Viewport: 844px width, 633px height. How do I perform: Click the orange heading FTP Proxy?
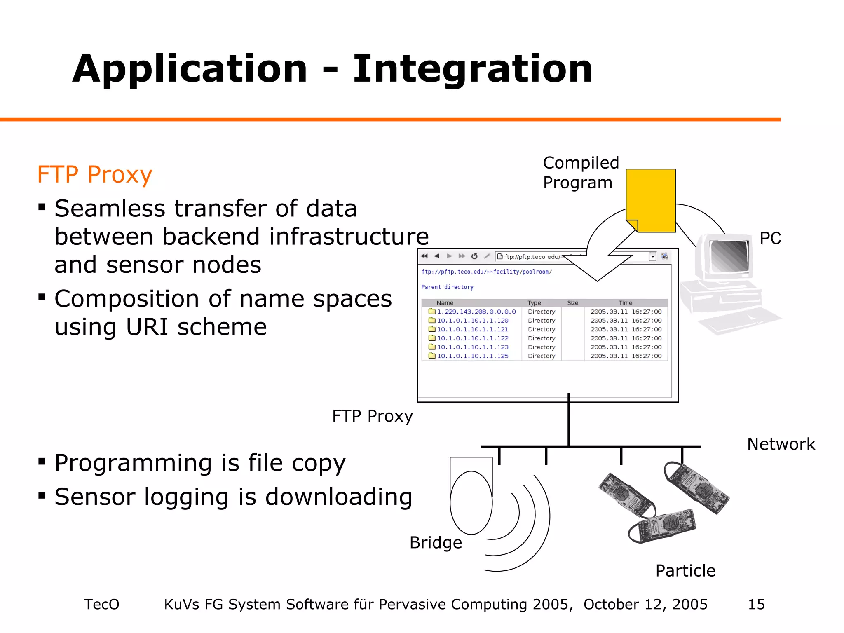(94, 175)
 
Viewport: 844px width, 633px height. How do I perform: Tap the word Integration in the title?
(472, 69)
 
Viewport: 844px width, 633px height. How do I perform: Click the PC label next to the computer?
(770, 238)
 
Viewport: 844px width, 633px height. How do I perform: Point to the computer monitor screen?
(729, 256)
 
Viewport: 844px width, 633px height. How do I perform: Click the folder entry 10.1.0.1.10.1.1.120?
(472, 321)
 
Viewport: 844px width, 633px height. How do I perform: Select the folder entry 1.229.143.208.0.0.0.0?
(476, 312)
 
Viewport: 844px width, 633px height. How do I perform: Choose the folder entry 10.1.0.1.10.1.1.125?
(472, 356)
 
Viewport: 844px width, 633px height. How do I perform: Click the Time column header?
(625, 303)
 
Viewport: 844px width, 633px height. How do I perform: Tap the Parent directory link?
(447, 287)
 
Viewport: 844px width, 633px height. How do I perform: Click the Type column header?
(534, 303)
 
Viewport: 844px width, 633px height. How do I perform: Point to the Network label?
(781, 444)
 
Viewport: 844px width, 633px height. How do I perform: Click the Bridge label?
(436, 543)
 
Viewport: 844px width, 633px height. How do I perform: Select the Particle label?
(685, 571)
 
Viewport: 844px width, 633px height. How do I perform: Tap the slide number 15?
(756, 605)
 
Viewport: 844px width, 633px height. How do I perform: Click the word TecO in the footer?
(101, 605)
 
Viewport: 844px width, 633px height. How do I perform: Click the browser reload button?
(474, 256)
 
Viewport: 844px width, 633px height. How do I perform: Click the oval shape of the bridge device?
(471, 503)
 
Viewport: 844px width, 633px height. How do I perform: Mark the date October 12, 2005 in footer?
(645, 605)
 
